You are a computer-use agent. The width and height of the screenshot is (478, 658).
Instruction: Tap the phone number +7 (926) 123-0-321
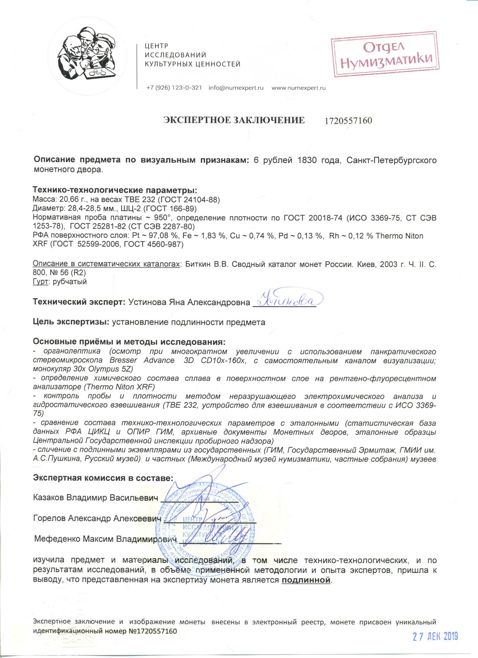point(174,88)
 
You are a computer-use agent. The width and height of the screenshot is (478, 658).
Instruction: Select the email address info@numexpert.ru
point(236,88)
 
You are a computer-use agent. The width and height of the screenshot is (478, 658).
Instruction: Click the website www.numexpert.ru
point(298,88)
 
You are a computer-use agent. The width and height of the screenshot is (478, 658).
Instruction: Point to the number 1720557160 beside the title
point(348,121)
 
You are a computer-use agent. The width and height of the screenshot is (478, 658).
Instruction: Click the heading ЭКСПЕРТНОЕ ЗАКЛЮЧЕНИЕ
point(234,120)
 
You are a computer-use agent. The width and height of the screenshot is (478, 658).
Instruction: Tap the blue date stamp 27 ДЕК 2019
point(435,637)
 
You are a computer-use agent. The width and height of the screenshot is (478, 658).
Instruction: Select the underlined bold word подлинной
point(306,580)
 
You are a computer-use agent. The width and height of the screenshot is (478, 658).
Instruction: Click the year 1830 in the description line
point(307,160)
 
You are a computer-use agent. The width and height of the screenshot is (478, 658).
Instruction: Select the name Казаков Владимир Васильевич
point(95,497)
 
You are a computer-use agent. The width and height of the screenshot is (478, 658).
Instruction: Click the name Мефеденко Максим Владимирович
point(105,539)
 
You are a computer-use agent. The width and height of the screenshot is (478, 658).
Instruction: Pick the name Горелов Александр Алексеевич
point(97,518)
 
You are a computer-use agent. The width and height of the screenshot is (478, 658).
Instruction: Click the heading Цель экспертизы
point(71,322)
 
